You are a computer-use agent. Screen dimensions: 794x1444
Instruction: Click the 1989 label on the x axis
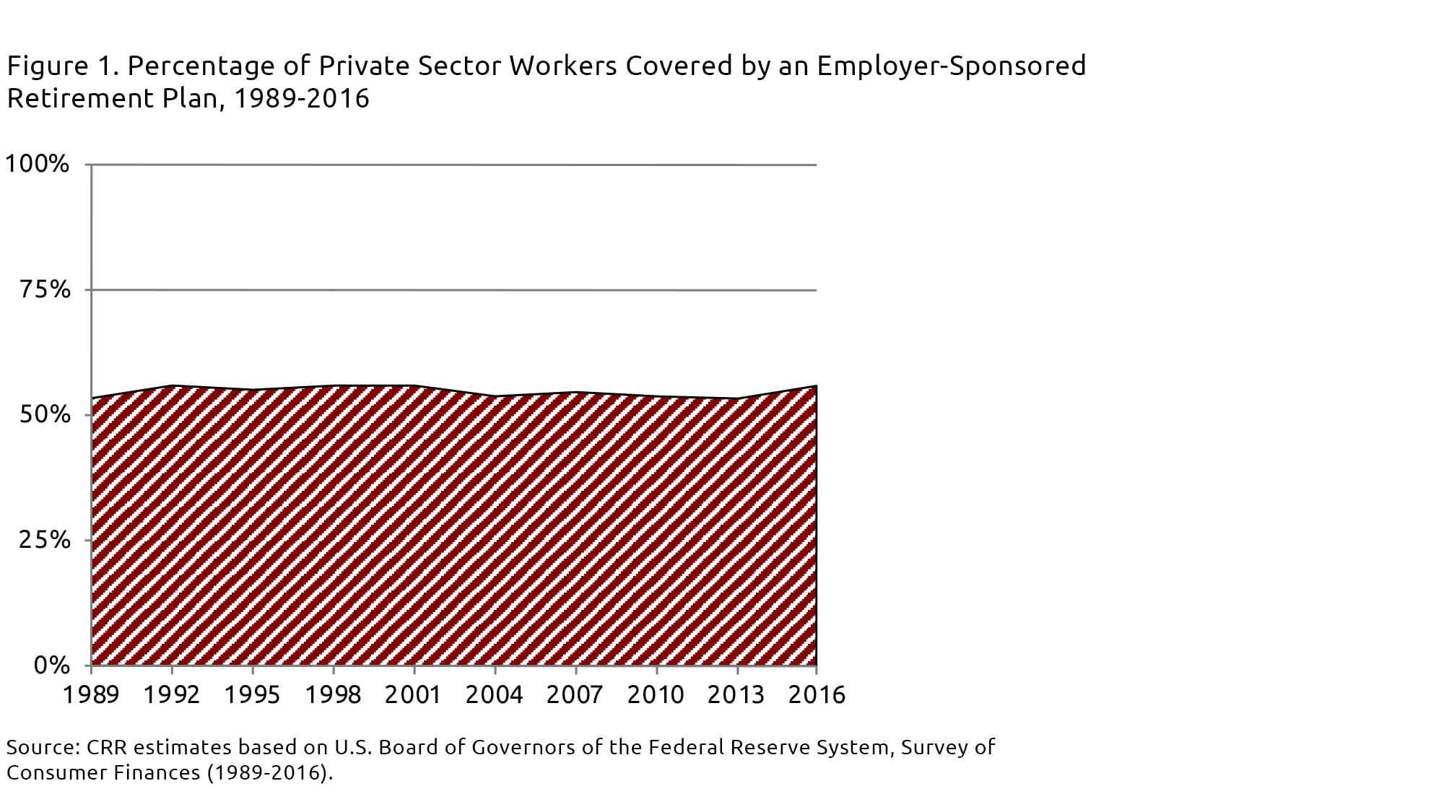pos(91,694)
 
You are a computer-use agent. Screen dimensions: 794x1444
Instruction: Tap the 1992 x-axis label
pos(172,694)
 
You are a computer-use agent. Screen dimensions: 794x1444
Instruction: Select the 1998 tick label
pos(333,694)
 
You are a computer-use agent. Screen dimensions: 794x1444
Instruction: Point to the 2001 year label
pos(414,694)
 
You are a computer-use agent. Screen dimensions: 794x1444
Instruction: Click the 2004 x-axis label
pos(495,694)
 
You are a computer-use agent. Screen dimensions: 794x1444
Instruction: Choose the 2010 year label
pos(656,694)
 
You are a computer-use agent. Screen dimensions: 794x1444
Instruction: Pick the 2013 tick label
pos(736,694)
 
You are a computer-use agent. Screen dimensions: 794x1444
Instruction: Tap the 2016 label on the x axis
pos(817,694)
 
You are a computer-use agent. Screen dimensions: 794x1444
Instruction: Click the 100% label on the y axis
pos(38,164)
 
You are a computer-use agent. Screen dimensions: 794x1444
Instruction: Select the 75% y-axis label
pos(45,289)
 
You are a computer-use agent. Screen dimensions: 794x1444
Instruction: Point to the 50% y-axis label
pos(45,415)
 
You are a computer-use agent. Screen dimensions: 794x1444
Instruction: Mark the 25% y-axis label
pos(45,540)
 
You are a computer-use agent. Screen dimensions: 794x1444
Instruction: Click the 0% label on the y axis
pos(52,665)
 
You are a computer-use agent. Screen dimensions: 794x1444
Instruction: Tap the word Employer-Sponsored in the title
pos(951,66)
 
